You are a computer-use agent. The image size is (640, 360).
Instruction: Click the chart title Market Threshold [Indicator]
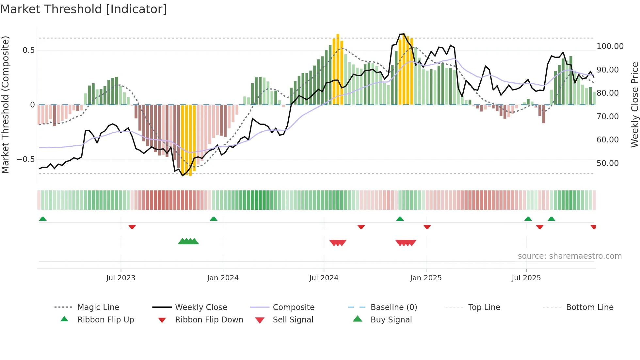[84, 9]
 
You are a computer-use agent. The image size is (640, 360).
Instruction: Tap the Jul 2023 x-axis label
[120, 278]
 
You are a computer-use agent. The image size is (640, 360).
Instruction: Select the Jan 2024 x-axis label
[223, 278]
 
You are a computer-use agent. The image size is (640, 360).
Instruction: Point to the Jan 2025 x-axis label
[426, 278]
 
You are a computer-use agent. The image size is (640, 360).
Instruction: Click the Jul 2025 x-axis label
[526, 278]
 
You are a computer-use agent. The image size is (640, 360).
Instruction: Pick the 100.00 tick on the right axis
[610, 46]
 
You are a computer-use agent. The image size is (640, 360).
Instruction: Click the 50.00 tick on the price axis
[607, 163]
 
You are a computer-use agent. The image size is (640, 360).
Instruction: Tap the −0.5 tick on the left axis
[25, 159]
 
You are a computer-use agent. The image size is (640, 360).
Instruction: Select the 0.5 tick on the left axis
[28, 50]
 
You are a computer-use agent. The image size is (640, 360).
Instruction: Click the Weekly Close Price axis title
[634, 105]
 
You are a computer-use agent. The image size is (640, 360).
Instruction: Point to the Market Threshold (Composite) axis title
[5, 105]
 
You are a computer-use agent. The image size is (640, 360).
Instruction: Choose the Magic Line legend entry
[98, 307]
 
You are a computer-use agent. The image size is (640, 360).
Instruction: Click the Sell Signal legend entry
[293, 320]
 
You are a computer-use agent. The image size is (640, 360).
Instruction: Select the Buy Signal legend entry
[391, 320]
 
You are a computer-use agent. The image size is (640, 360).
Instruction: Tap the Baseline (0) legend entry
[393, 307]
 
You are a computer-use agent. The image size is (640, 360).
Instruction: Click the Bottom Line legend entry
[589, 307]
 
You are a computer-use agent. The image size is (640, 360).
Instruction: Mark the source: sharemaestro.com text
[569, 256]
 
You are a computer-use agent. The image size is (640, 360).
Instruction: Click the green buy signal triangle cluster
[188, 241]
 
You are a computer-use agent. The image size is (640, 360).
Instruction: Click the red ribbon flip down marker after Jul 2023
[132, 227]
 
